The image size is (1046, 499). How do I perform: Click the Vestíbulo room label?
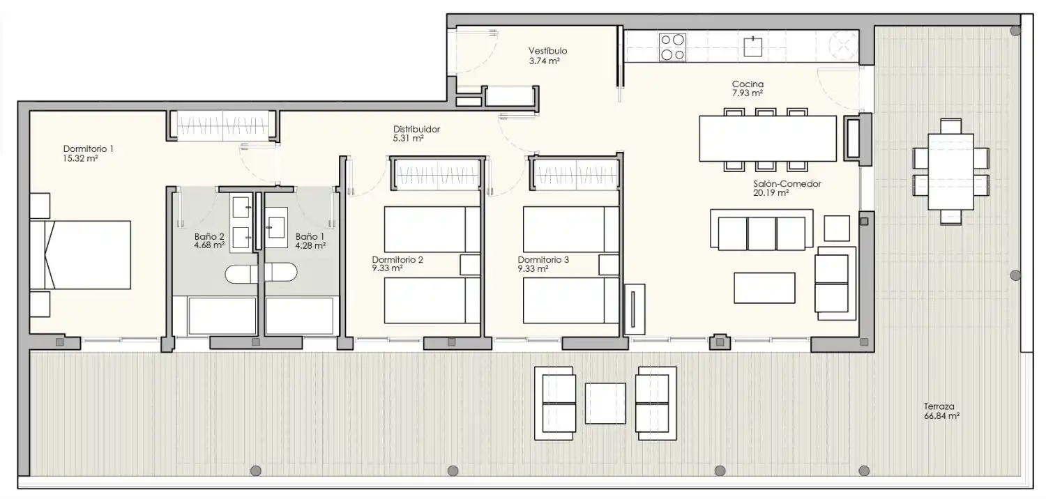pos(547,51)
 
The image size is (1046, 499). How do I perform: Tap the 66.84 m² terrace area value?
pos(941,416)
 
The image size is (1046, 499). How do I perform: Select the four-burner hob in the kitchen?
pos(672,47)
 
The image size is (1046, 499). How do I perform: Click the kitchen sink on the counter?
pos(752,47)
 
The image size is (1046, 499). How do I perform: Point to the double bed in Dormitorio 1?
pos(80,255)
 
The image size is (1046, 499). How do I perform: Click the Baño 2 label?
pos(209,237)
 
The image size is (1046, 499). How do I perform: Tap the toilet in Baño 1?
pos(281,272)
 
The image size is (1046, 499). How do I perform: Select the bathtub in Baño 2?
pos(222,316)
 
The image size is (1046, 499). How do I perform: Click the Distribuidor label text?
pos(416,130)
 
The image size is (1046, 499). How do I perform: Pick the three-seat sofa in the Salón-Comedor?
pos(761,229)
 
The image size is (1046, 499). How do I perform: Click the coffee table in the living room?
pos(764,288)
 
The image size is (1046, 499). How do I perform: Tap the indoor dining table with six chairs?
pos(767,139)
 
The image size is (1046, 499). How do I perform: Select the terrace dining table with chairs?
pos(950,171)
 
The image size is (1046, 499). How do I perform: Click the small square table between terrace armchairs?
pos(605,404)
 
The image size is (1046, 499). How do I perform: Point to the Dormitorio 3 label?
pos(543,259)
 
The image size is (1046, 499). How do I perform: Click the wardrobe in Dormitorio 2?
pos(437,174)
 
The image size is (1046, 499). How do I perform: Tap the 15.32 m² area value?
pos(80,158)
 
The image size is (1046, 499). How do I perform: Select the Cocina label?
pos(748,84)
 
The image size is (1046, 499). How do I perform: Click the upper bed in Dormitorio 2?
pos(432,229)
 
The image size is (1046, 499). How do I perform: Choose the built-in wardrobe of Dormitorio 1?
pos(223,125)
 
